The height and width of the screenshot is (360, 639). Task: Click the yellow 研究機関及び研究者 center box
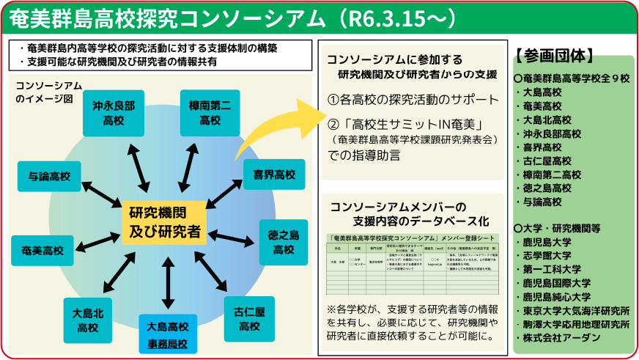164,223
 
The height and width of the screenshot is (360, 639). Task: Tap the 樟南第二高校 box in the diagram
210,113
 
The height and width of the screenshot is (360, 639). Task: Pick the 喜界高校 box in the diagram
273,175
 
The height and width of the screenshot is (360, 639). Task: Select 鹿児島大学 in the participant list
553,241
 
